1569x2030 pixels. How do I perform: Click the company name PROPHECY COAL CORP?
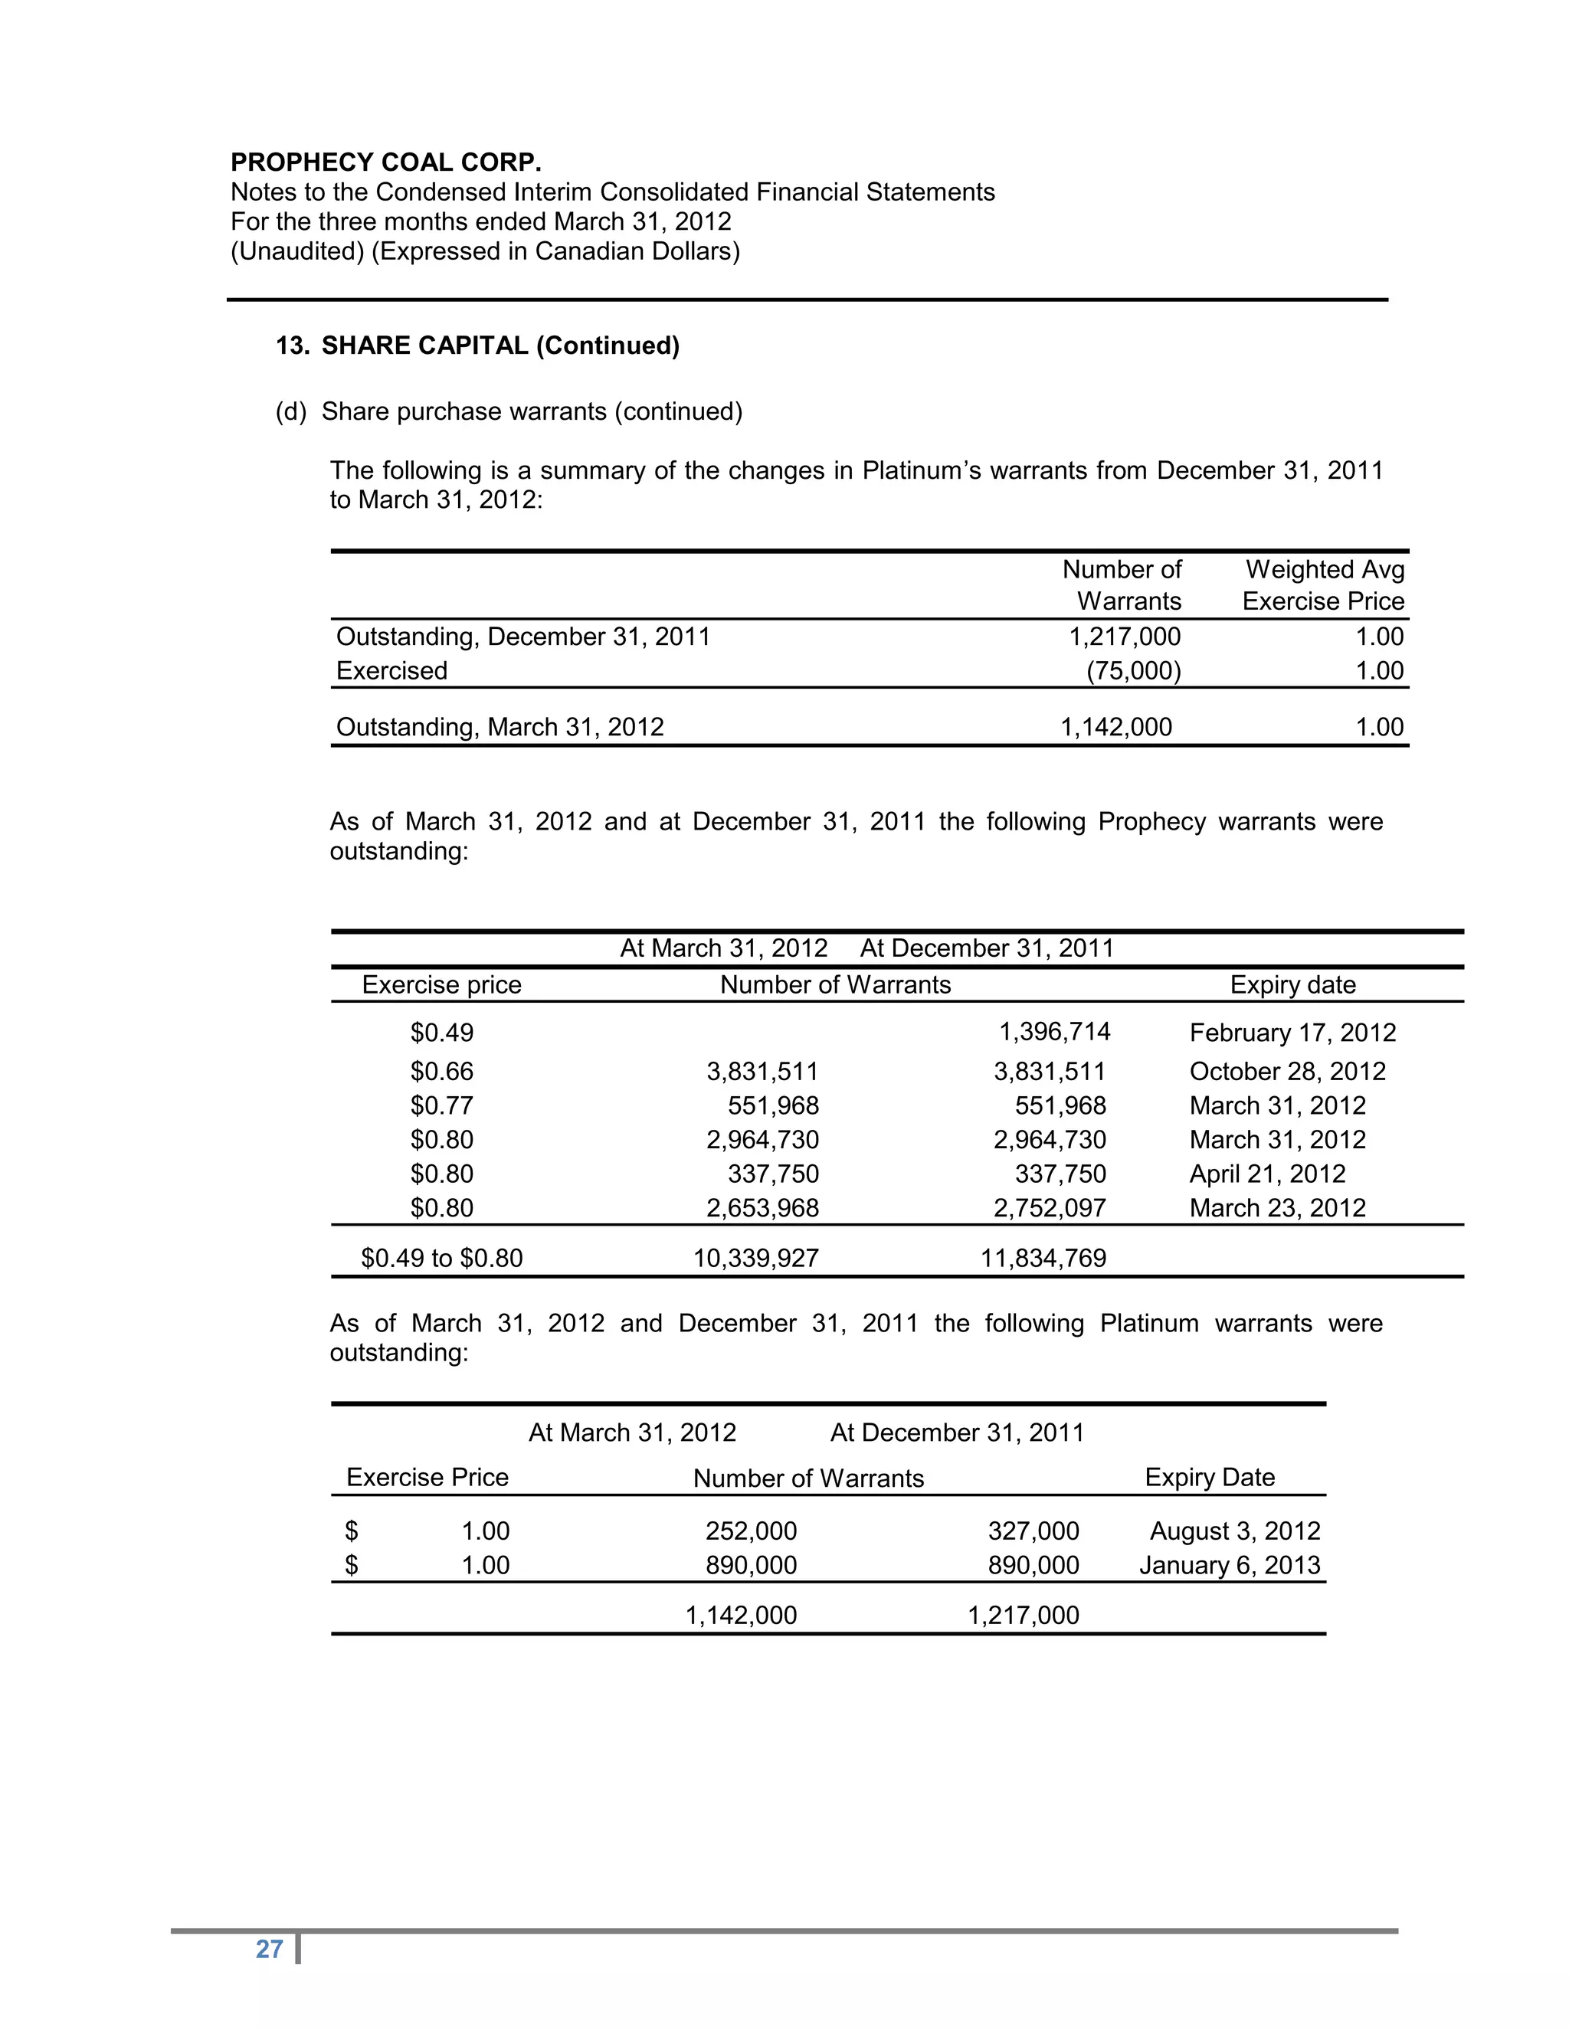click(386, 162)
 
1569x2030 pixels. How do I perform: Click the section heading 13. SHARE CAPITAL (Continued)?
click(478, 345)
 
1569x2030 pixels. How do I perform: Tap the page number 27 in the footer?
click(269, 1949)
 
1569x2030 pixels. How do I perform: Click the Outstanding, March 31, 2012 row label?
click(500, 727)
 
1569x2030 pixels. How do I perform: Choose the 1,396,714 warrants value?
click(1054, 1032)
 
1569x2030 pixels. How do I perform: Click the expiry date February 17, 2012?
click(1292, 1033)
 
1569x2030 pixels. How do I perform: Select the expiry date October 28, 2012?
click(1287, 1072)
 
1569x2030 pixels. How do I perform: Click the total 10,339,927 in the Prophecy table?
click(755, 1259)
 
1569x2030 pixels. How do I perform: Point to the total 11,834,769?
click(1043, 1259)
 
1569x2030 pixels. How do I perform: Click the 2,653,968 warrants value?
click(762, 1208)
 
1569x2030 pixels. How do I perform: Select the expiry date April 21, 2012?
click(1267, 1174)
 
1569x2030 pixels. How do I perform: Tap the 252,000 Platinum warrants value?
click(750, 1531)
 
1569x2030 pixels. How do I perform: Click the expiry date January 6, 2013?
click(1229, 1565)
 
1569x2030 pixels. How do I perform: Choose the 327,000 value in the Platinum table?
click(1033, 1531)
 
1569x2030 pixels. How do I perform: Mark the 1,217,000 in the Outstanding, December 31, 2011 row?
click(1124, 637)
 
